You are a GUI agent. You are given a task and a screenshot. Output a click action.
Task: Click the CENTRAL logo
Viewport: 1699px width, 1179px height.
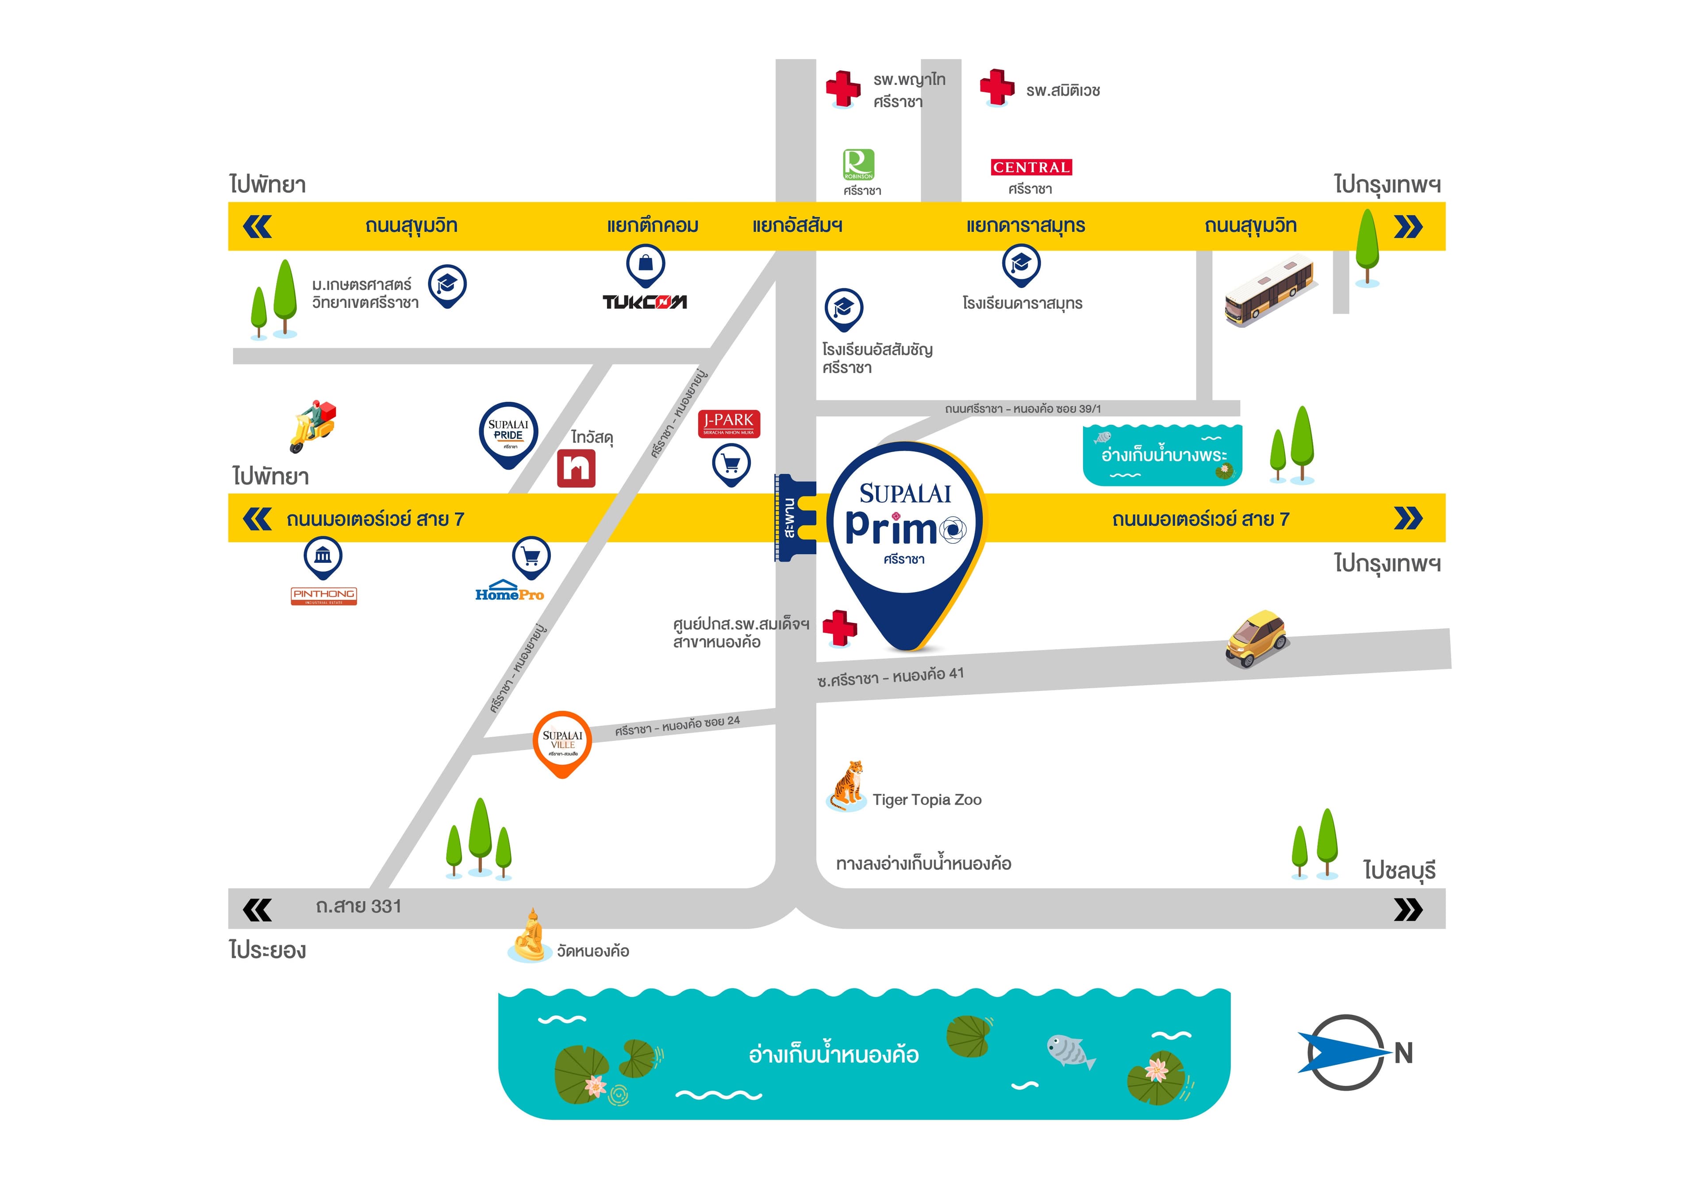(x=1030, y=168)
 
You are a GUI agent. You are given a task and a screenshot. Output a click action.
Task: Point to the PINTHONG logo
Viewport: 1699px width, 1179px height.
(x=323, y=595)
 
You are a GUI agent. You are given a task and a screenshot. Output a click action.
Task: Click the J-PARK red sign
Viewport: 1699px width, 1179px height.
(x=728, y=423)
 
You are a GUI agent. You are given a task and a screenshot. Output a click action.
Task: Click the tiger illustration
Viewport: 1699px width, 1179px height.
(x=846, y=786)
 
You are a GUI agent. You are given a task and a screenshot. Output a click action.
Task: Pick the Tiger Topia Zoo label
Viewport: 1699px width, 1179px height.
(x=926, y=799)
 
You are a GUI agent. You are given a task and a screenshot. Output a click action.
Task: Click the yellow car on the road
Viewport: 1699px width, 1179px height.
(x=1257, y=638)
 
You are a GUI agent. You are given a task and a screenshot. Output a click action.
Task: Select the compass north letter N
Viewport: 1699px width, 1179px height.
(x=1403, y=1053)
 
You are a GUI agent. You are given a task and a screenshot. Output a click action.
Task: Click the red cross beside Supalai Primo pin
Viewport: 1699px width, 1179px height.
(x=840, y=628)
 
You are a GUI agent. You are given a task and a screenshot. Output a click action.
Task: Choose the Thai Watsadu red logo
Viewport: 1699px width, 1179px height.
(x=576, y=469)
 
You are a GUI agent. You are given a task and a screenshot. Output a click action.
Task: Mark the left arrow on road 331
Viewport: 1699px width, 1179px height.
(x=257, y=910)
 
